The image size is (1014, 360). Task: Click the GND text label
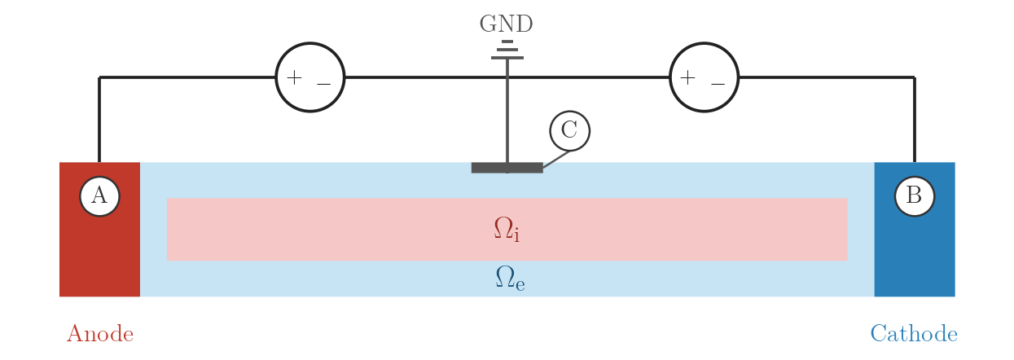506,24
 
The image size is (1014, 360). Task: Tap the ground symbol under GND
507,50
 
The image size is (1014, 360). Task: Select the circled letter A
99,196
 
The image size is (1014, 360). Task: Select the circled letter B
915,196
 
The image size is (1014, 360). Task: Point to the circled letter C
570,131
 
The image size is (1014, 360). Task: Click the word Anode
100,334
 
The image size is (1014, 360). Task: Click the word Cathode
914,334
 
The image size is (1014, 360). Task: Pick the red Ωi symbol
507,229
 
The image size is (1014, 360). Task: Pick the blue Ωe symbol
510,278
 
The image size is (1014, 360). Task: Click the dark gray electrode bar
507,168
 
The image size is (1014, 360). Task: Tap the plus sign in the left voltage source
294,77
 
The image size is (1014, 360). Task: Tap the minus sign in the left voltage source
324,84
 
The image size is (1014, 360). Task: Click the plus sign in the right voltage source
687,77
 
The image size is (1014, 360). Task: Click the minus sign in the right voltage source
718,84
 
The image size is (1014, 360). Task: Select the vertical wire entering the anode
99,120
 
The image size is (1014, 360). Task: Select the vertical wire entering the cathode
915,120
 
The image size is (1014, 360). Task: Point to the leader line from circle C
556,159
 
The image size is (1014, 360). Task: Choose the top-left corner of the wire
99,77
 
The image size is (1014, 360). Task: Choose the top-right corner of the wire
915,77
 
